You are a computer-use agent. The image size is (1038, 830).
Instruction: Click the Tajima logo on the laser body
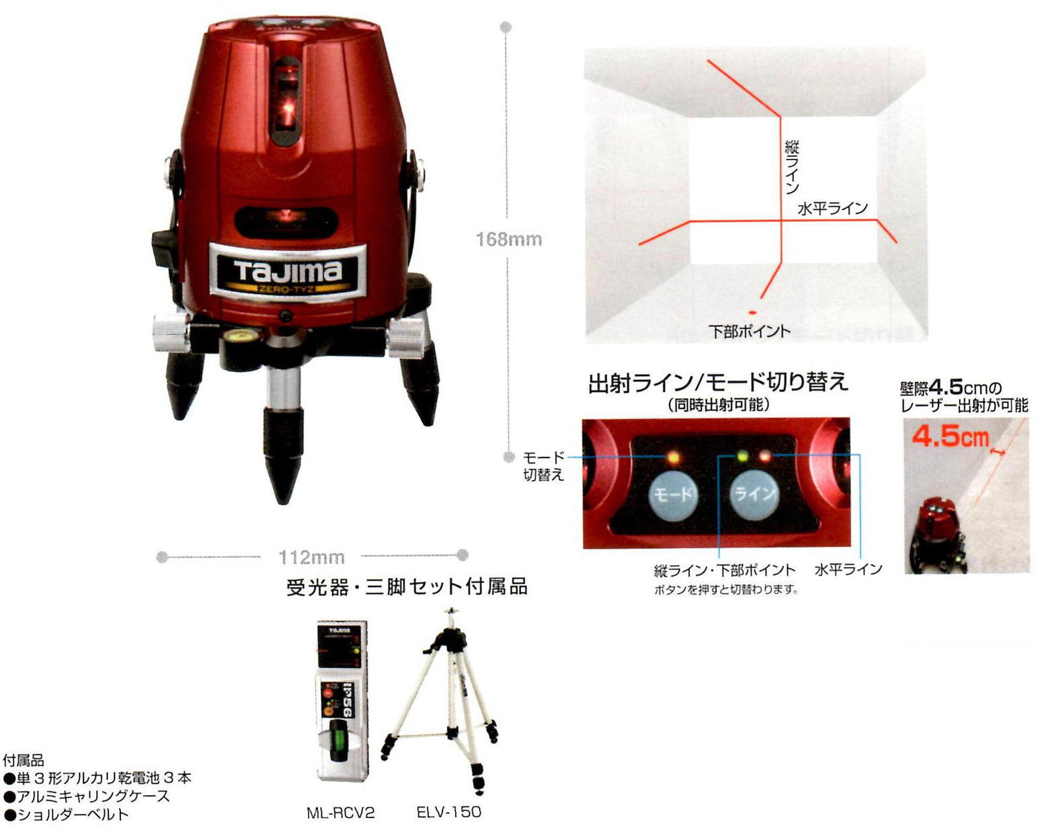click(288, 272)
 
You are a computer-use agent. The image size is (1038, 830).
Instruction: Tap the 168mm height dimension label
click(508, 239)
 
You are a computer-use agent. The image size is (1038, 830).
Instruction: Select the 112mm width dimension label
click(311, 557)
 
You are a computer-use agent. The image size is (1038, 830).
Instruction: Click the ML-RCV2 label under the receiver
click(340, 813)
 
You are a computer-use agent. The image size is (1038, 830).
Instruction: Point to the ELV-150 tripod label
click(448, 812)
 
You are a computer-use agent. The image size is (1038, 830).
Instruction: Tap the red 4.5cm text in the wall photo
click(950, 437)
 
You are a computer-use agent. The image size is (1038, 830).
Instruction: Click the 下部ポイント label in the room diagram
click(750, 331)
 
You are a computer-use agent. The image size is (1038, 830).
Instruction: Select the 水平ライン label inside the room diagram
click(832, 209)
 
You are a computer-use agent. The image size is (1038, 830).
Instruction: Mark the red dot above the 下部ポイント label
click(752, 313)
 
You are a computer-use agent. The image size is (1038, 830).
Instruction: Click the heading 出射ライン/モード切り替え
click(718, 383)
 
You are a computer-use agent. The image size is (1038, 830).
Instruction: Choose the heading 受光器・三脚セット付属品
click(407, 587)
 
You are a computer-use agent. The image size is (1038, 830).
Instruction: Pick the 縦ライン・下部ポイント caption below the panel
click(724, 570)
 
